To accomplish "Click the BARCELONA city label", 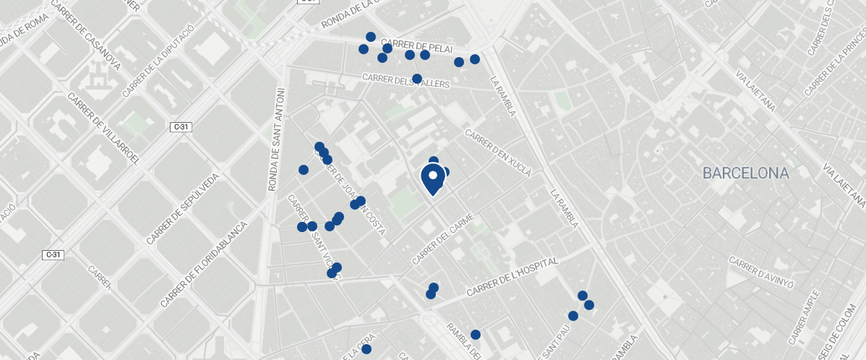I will [745, 173].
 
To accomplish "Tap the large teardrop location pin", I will [433, 179].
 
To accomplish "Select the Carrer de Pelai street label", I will [416, 45].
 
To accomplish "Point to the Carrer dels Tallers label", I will [406, 81].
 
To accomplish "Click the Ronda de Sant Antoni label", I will [278, 140].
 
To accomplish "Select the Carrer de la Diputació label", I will [158, 60].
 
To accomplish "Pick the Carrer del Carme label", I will [442, 239].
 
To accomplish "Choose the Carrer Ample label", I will [805, 317].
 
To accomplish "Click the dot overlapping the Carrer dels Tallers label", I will [416, 79].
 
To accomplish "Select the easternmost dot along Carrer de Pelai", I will [475, 59].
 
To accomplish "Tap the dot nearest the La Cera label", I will [366, 349].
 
